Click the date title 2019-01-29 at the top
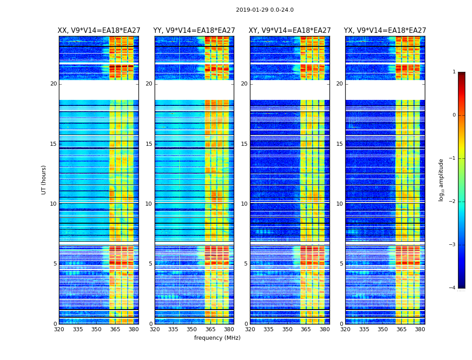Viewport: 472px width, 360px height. (264, 10)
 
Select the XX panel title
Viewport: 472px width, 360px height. (99, 31)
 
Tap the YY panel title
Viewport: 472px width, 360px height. (194, 31)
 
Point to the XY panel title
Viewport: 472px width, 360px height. (289, 31)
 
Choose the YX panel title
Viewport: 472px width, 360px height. (385, 31)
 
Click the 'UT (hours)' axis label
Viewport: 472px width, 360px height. (44, 180)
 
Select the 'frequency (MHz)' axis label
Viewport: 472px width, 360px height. (217, 338)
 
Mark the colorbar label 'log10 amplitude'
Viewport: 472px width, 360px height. (441, 180)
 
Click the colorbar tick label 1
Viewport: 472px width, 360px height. (454, 72)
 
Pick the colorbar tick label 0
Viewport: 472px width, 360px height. (454, 115)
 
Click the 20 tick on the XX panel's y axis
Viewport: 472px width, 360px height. (53, 84)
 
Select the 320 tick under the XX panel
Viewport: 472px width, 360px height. (59, 329)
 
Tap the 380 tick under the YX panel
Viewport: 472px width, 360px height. (420, 329)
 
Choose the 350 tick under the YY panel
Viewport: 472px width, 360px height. (192, 329)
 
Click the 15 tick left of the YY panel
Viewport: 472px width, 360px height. (149, 144)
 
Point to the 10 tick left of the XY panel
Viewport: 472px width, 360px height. (244, 204)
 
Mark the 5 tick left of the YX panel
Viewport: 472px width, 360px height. (341, 264)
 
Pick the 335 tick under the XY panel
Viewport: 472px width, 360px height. (269, 329)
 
